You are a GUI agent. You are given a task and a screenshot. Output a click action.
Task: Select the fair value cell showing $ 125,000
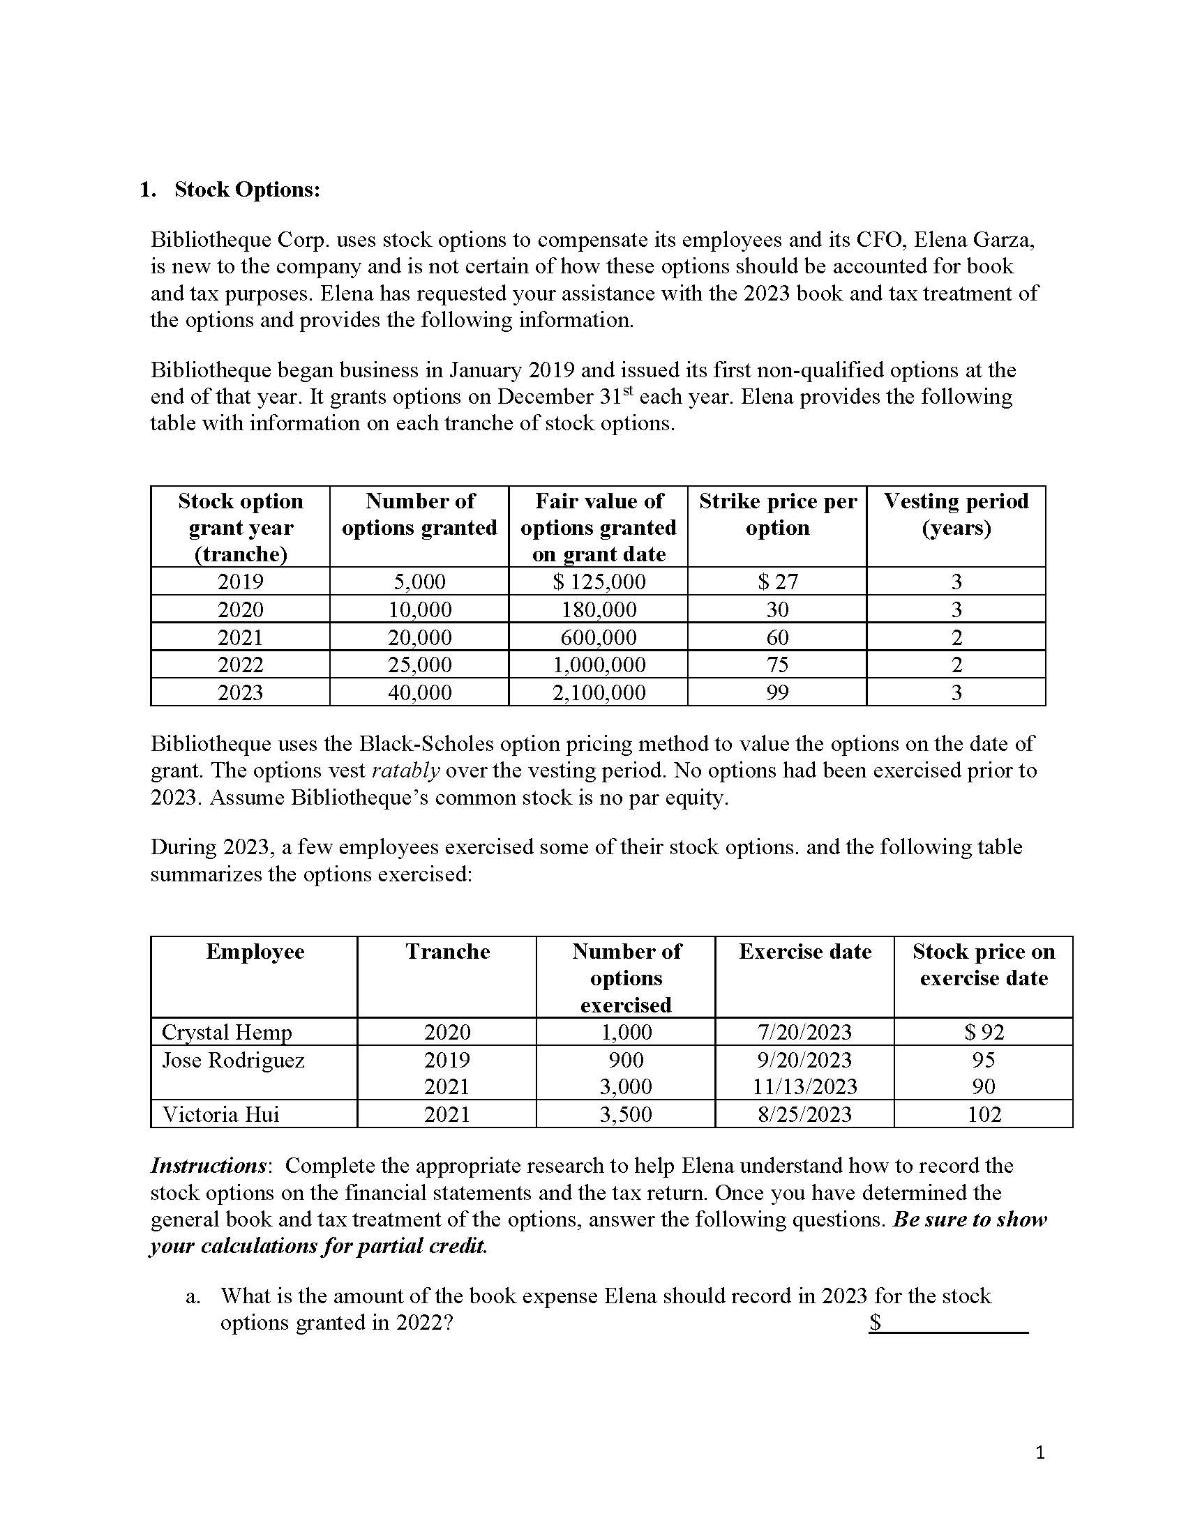pos(599,582)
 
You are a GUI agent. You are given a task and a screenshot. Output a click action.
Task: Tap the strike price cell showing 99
pos(777,692)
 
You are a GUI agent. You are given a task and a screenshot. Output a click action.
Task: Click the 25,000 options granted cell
pos(419,665)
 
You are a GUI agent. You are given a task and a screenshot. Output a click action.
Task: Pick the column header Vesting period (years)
pos(956,514)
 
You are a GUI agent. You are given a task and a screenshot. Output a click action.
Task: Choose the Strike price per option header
pos(777,514)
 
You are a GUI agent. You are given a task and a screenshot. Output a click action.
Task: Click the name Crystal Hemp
pos(226,1033)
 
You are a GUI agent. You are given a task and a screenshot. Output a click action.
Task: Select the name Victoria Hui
pos(220,1115)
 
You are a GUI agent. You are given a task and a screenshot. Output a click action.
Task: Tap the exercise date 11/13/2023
pos(804,1087)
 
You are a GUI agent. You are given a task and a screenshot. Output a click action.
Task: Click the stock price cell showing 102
pos(984,1115)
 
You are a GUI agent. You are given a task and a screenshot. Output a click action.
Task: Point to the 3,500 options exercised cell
pos(625,1115)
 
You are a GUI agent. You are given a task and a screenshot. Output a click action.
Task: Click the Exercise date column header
pos(804,952)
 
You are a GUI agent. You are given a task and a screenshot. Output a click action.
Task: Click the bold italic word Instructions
pos(208,1166)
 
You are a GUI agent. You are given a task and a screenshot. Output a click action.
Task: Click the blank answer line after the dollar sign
pos(956,1323)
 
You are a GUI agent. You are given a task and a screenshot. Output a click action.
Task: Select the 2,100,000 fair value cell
pos(599,692)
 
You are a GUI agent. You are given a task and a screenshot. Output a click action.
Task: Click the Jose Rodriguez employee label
pos(233,1060)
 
